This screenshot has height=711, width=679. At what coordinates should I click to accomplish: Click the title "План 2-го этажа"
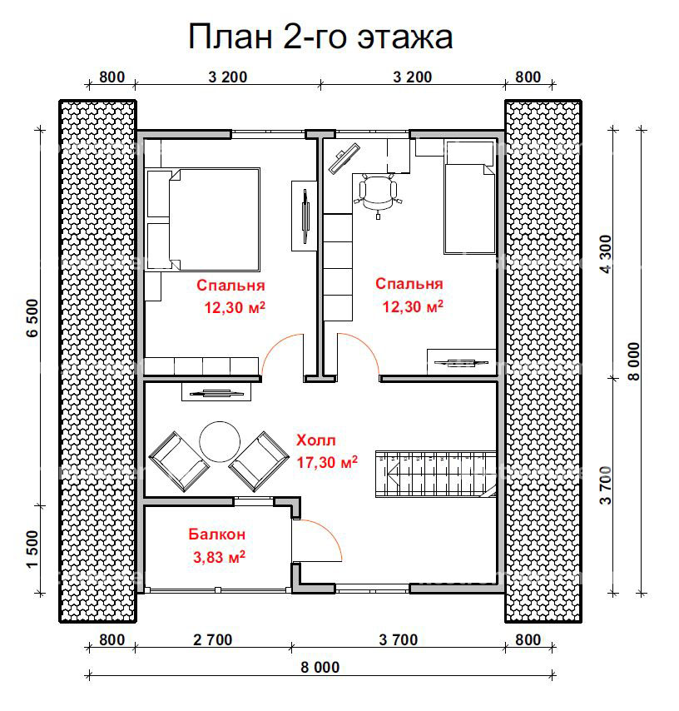(320, 37)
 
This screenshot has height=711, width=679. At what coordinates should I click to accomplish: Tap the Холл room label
(316, 440)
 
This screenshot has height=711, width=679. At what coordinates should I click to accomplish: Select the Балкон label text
(216, 534)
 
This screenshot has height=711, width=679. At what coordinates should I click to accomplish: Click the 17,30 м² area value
(327, 462)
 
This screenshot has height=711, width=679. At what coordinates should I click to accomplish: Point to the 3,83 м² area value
(219, 556)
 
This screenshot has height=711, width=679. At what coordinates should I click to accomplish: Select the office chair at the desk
(378, 194)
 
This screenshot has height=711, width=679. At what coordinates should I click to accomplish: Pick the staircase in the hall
(436, 475)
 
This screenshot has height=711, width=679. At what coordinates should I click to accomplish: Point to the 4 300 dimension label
(606, 254)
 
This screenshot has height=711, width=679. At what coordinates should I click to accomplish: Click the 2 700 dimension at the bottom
(212, 639)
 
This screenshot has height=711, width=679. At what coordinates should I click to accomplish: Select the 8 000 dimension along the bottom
(320, 667)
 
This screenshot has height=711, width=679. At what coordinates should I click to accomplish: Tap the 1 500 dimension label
(32, 549)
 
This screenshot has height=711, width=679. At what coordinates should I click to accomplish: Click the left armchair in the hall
(179, 461)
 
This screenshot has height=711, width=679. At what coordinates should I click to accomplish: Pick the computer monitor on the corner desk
(344, 158)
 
